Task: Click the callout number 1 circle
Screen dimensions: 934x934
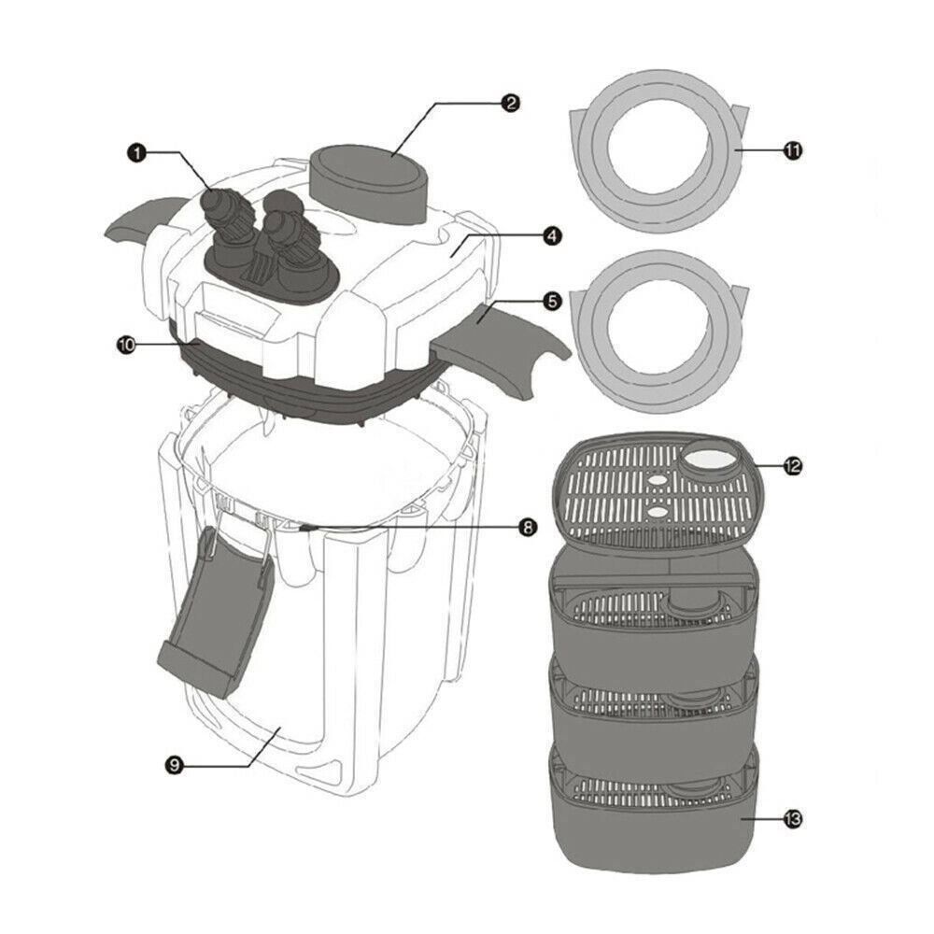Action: click(x=136, y=153)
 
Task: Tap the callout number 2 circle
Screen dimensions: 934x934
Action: click(x=510, y=103)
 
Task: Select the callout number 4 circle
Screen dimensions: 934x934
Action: click(x=552, y=236)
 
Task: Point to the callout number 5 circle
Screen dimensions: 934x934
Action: click(x=552, y=302)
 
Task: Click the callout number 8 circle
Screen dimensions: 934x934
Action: click(x=527, y=527)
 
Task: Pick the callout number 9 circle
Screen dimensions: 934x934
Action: click(x=174, y=765)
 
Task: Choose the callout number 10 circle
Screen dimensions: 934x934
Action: click(x=127, y=345)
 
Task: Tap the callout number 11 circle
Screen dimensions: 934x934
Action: click(x=792, y=150)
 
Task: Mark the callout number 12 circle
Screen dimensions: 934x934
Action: click(x=792, y=466)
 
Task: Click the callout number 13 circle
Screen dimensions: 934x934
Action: click(x=792, y=819)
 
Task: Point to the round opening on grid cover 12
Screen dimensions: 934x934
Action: click(x=713, y=457)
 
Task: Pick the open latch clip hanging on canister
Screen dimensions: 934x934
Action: click(x=215, y=614)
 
